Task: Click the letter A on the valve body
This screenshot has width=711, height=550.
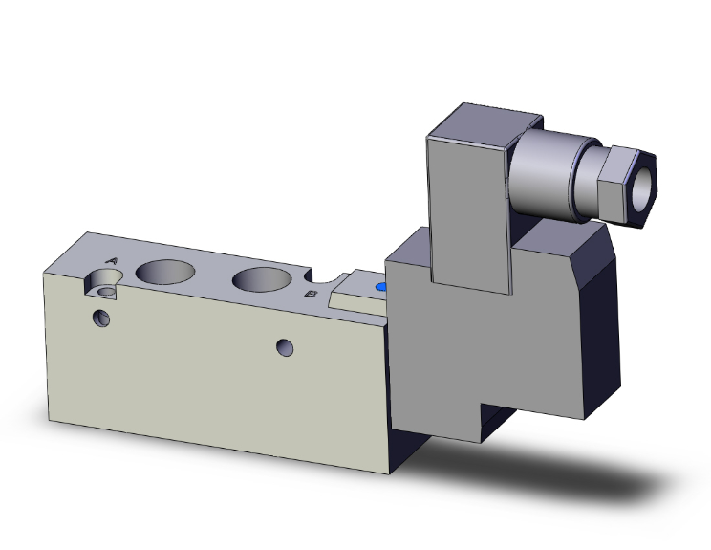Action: coord(111,260)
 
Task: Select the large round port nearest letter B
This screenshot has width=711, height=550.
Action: coord(263,279)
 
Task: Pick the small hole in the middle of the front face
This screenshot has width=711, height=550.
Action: coord(284,348)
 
